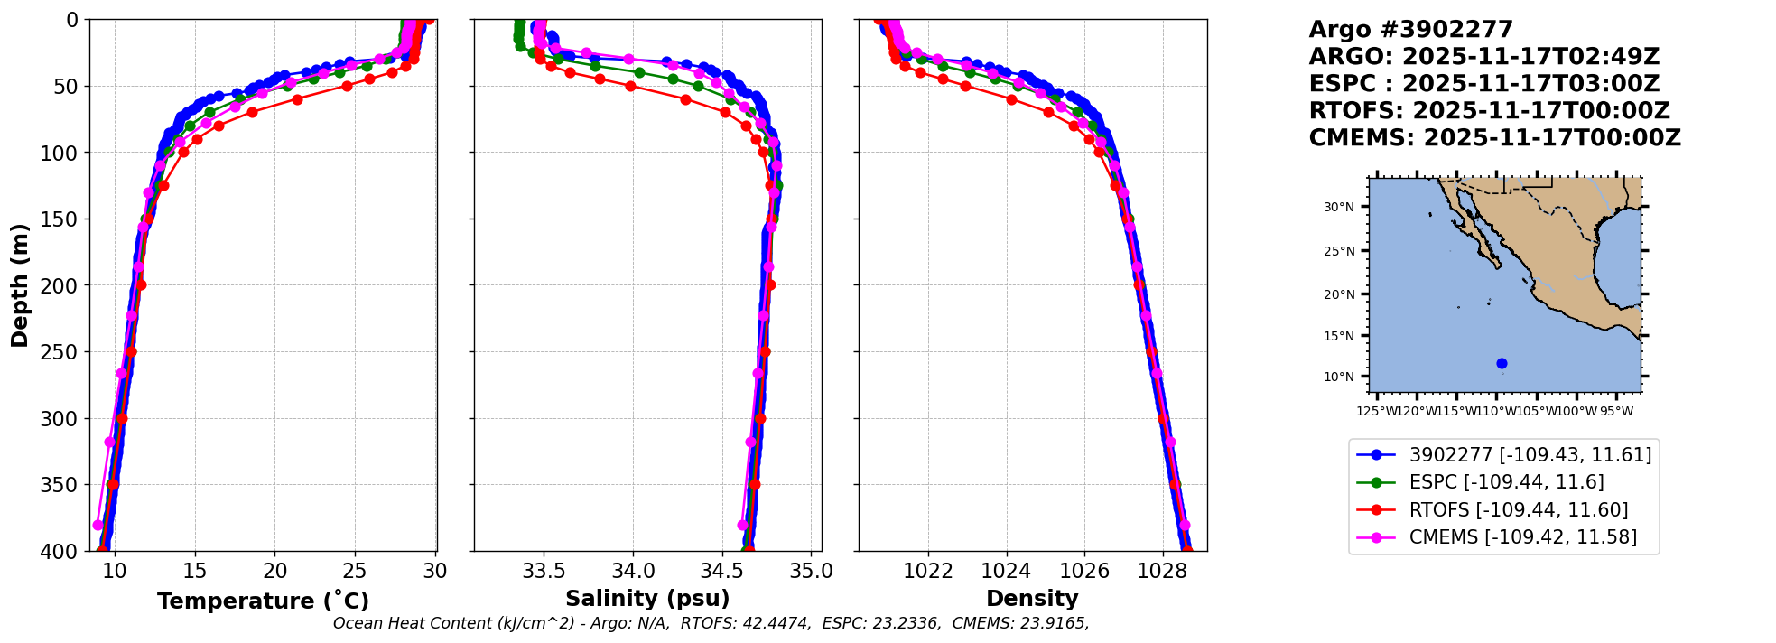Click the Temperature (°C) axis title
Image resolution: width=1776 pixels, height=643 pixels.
coord(263,601)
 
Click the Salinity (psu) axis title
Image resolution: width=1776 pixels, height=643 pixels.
coord(647,599)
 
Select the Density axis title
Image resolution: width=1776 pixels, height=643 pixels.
coord(1032,599)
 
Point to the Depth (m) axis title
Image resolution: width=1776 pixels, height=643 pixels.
coord(20,285)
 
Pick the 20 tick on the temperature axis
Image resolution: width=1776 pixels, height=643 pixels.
coord(275,572)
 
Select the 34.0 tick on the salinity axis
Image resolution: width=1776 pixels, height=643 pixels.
coord(633,572)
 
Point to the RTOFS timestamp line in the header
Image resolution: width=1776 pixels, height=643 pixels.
coord(1489,111)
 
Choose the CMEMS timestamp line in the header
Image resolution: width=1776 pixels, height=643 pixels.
coord(1494,138)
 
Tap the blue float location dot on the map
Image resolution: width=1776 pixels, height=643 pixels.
coord(1502,363)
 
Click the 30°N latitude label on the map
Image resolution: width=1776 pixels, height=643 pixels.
coord(1339,208)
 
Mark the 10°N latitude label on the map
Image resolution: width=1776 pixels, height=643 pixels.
coord(1339,377)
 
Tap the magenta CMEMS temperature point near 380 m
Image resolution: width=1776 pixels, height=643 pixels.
coord(98,525)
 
